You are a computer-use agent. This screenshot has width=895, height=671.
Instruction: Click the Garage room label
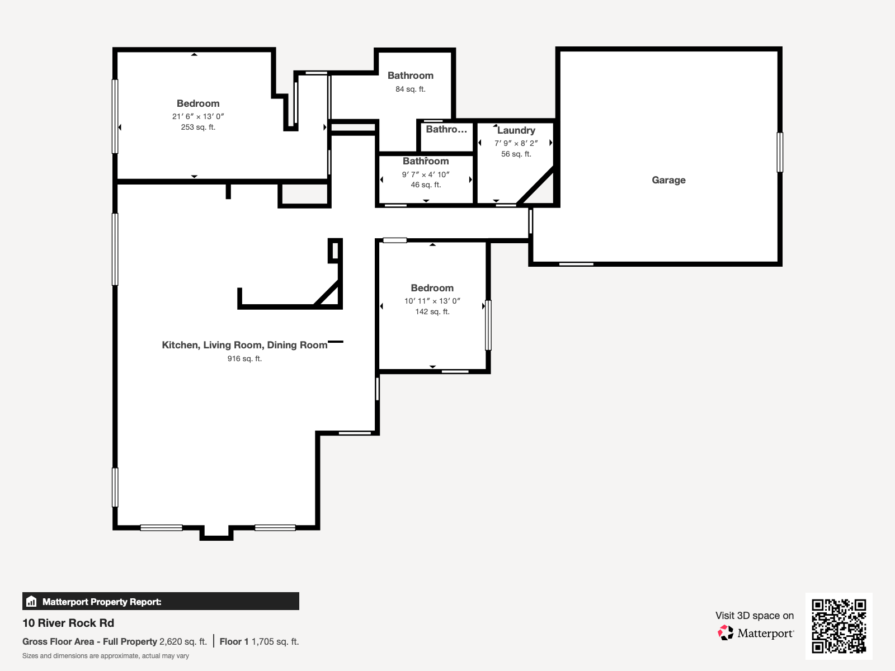(x=668, y=180)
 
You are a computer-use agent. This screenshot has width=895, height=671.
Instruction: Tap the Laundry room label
(x=516, y=130)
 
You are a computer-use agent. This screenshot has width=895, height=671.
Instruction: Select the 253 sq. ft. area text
(x=198, y=127)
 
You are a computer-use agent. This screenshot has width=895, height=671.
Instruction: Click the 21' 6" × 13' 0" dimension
(x=198, y=116)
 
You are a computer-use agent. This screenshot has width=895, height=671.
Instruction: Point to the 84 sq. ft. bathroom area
(x=410, y=89)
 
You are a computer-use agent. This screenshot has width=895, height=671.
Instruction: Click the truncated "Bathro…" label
(x=446, y=130)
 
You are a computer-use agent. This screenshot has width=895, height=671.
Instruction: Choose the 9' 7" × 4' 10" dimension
(x=426, y=174)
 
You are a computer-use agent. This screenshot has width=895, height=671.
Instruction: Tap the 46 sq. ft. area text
(x=426, y=185)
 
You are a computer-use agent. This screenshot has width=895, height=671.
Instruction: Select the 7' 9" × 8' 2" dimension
(x=516, y=143)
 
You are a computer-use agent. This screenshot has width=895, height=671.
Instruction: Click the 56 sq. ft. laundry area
(x=516, y=154)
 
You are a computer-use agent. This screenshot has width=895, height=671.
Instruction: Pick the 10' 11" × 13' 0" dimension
(x=432, y=301)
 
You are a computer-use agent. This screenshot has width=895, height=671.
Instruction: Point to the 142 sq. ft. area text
(x=432, y=311)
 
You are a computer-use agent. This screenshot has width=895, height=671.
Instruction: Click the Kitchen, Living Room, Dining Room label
(x=244, y=345)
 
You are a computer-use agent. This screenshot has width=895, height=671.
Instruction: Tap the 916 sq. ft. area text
(x=244, y=358)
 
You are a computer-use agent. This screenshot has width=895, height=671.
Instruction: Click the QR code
(x=839, y=626)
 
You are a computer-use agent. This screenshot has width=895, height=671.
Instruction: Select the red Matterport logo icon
(x=726, y=633)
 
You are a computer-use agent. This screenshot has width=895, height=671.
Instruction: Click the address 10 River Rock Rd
(x=68, y=623)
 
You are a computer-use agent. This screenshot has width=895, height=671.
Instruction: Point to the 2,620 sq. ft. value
(x=183, y=642)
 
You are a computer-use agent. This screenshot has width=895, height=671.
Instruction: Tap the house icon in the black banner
(x=31, y=601)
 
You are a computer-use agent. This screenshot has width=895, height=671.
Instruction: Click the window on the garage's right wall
(x=780, y=152)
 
